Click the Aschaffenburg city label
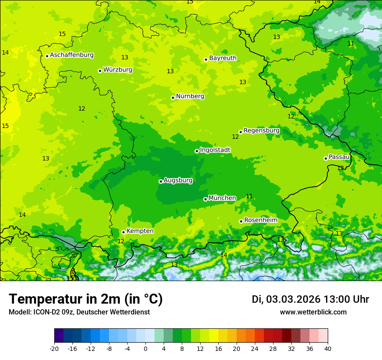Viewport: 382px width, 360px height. [72, 55]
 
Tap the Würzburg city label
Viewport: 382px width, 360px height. [118, 70]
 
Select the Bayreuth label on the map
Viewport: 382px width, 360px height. [223, 58]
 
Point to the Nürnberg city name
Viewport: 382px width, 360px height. [190, 96]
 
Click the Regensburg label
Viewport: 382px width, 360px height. [261, 131]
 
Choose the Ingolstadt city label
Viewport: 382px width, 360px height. [215, 150]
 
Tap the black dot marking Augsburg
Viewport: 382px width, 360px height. [161, 181]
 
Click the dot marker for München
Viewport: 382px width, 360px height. [205, 199]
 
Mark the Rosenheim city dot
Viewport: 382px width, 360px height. [241, 221]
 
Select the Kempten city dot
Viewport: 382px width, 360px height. [123, 232]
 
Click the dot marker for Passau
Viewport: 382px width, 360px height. [326, 158]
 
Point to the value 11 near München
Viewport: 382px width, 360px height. [249, 196]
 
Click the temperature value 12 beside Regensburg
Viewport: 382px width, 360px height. [235, 137]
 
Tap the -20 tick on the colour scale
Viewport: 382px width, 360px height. [54, 348]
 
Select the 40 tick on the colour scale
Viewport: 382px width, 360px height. [327, 348]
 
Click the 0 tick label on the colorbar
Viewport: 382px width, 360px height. [145, 348]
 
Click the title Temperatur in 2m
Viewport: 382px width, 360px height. [86, 299]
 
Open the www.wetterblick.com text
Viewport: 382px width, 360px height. [313, 312]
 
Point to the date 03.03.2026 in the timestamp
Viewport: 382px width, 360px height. [293, 299]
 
